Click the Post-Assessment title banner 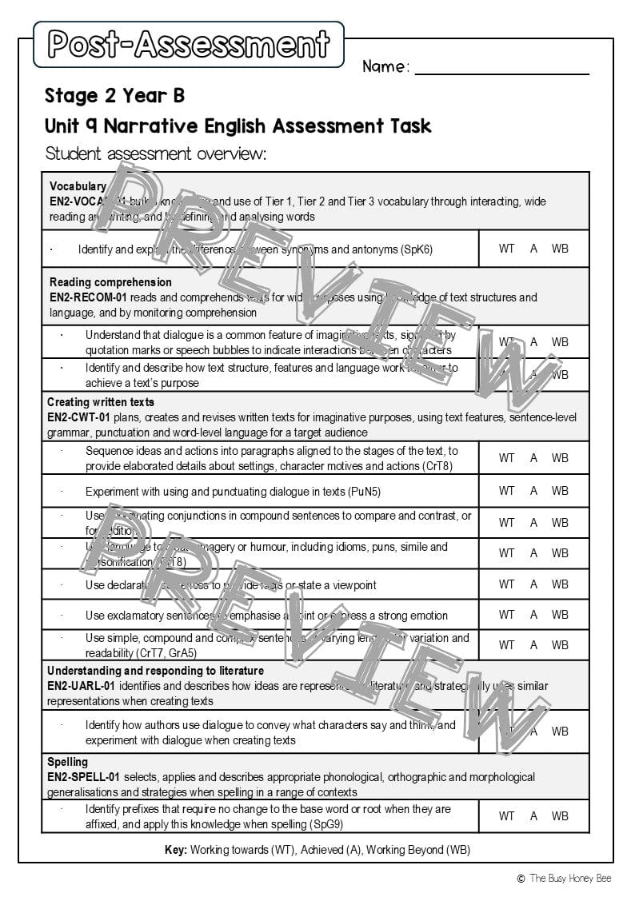pos(189,44)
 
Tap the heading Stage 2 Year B pos(114,96)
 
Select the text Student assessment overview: pos(156,153)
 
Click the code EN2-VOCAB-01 pos(83,201)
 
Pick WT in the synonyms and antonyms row pos(506,249)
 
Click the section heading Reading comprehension pos(110,282)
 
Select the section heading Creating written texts pos(101,402)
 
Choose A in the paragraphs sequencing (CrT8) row pos(533,458)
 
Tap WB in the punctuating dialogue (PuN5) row pos(560,491)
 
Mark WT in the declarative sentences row pos(506,584)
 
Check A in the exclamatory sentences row pos(533,615)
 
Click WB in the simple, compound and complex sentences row pos(560,645)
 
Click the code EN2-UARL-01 pos(81,686)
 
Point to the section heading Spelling pos(67,762)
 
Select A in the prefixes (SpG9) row pos(533,816)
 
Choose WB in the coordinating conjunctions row pos(560,523)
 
